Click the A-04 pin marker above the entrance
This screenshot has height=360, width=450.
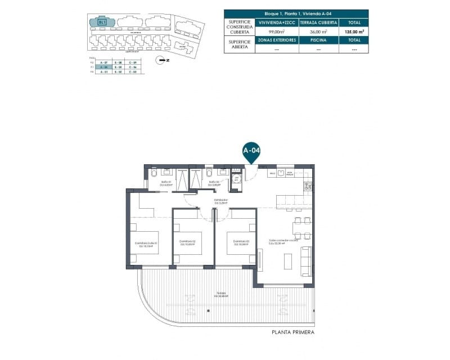point(251,151)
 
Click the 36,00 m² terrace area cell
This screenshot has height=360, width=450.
point(318,32)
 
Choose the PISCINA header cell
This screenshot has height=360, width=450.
point(318,40)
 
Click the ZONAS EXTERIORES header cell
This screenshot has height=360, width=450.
point(277,40)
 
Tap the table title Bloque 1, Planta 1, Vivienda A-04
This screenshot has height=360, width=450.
point(296,13)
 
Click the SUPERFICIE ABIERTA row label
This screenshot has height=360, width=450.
point(240,44)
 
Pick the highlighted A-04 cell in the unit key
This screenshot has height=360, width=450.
point(102,66)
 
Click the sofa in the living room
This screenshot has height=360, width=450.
point(307,261)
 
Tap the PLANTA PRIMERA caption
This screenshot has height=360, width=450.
point(292,332)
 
